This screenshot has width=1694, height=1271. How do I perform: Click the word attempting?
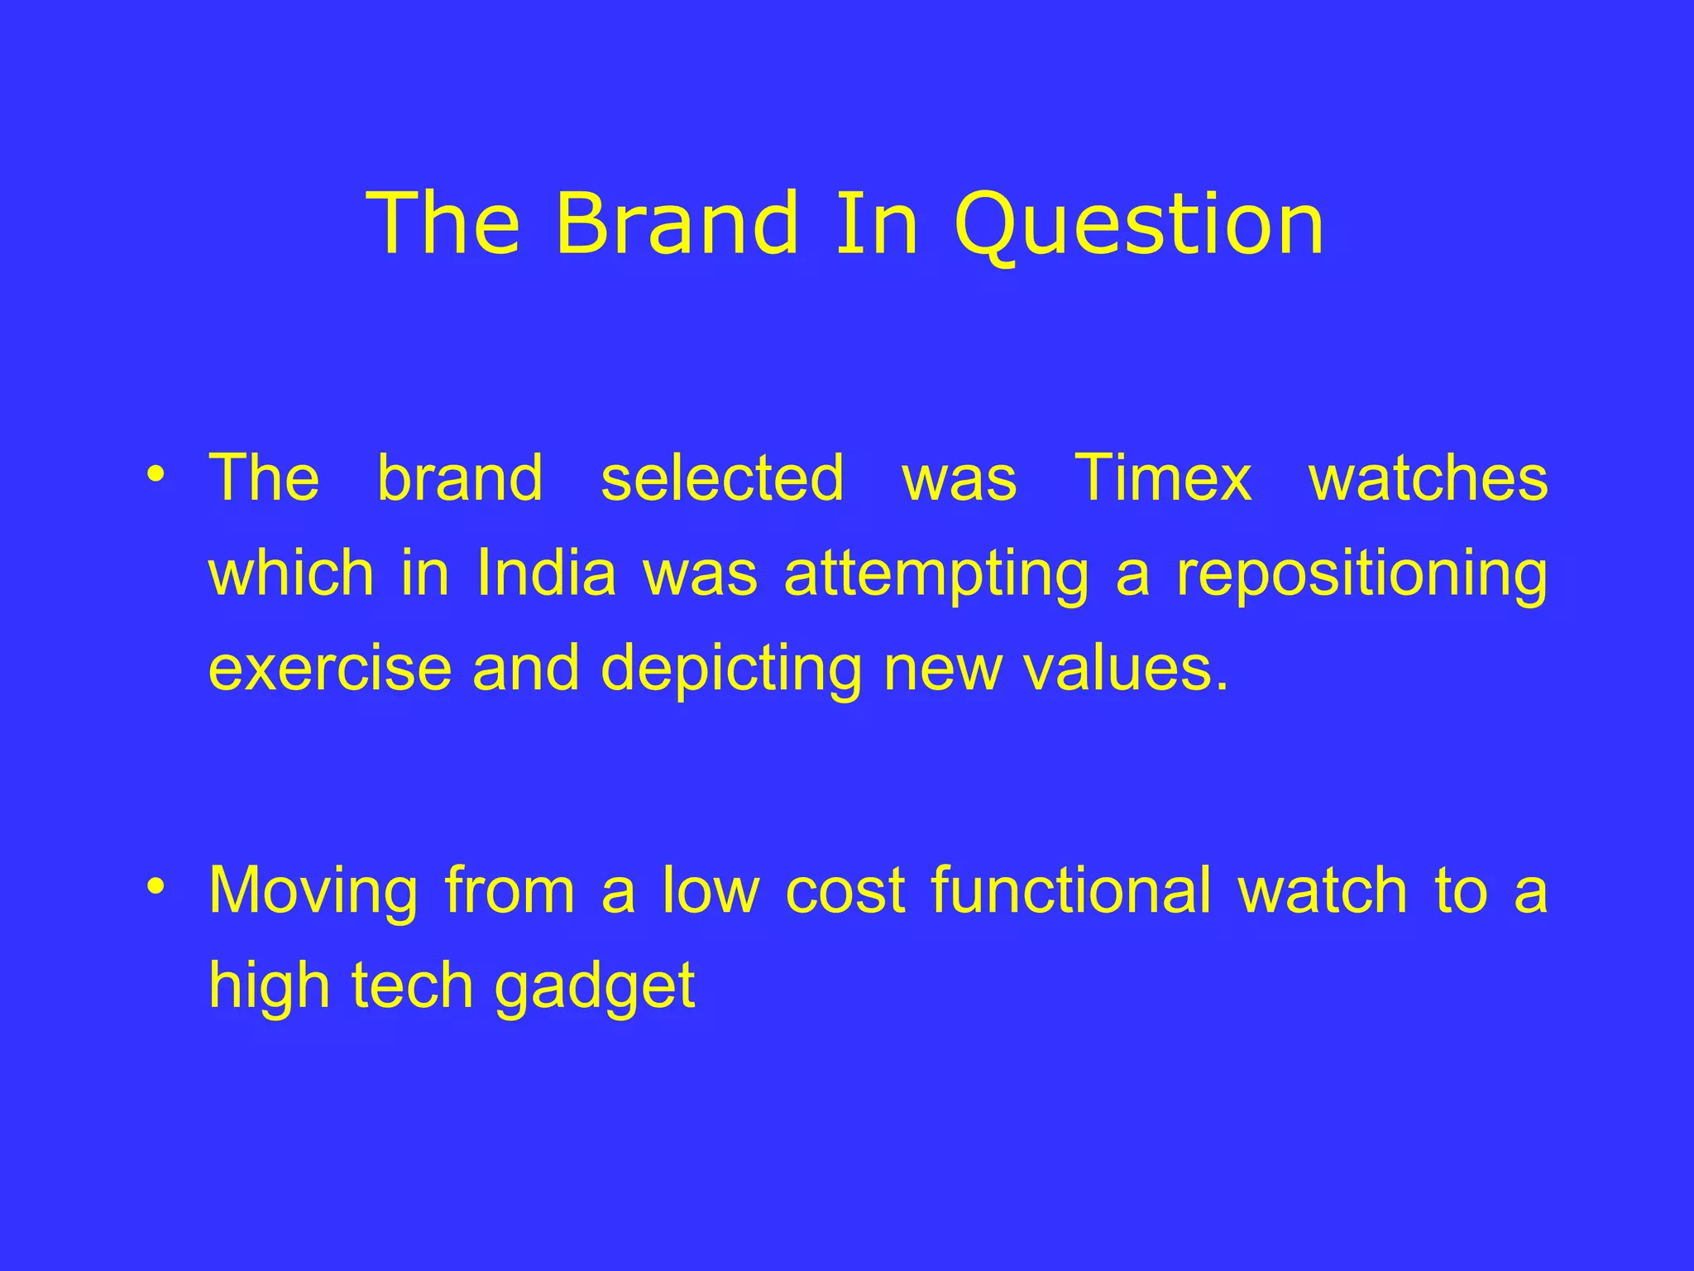936,574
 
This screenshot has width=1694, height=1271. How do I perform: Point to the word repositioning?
1361,574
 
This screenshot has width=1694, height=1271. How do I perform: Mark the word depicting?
731,669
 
